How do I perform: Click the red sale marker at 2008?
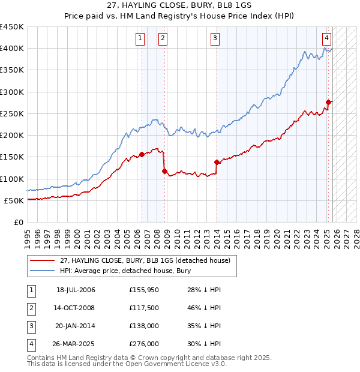pyautogui.click(x=164, y=172)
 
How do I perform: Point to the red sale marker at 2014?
pyautogui.click(x=217, y=162)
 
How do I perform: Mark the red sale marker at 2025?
pyautogui.click(x=328, y=103)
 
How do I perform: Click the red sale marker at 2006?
pyautogui.click(x=142, y=154)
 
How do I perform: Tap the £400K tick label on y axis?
pyautogui.click(x=12, y=49)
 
